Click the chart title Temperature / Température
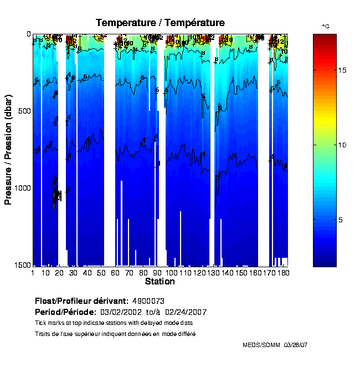pyautogui.click(x=160, y=23)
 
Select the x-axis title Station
pyautogui.click(x=160, y=282)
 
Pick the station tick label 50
pyautogui.click(x=100, y=273)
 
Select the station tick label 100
pyautogui.click(x=171, y=273)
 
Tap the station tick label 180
pyautogui.click(x=283, y=273)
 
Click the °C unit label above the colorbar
pyautogui.click(x=326, y=26)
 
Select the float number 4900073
pyautogui.click(x=148, y=301)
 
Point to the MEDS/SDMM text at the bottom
pyautogui.click(x=261, y=345)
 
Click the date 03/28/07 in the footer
pyautogui.click(x=296, y=345)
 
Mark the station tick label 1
pyautogui.click(x=33, y=273)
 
